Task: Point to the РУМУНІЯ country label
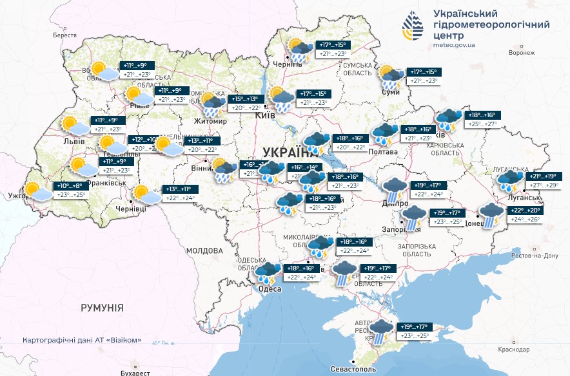[x=102, y=308]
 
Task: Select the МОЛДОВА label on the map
[x=204, y=250]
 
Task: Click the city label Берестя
[x=64, y=36]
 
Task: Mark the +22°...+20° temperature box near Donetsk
[x=527, y=211]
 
